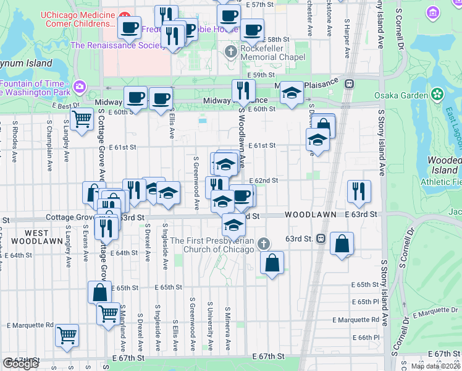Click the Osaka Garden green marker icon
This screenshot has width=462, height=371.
[x=437, y=95]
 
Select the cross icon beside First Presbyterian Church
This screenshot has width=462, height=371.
[x=264, y=242]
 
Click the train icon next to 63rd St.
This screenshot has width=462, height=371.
[x=321, y=239]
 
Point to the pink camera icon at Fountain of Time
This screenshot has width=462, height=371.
[x=80, y=85]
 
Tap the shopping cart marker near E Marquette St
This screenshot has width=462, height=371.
[x=67, y=335]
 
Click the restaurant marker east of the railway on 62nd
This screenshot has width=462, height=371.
[x=359, y=192]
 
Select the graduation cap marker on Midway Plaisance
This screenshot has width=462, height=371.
[x=292, y=93]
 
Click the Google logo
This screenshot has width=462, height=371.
[x=20, y=364]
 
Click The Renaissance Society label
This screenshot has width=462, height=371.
[x=115, y=45]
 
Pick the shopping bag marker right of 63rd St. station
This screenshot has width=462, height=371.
[x=342, y=244]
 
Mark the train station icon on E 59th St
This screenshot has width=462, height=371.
[x=349, y=83]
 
